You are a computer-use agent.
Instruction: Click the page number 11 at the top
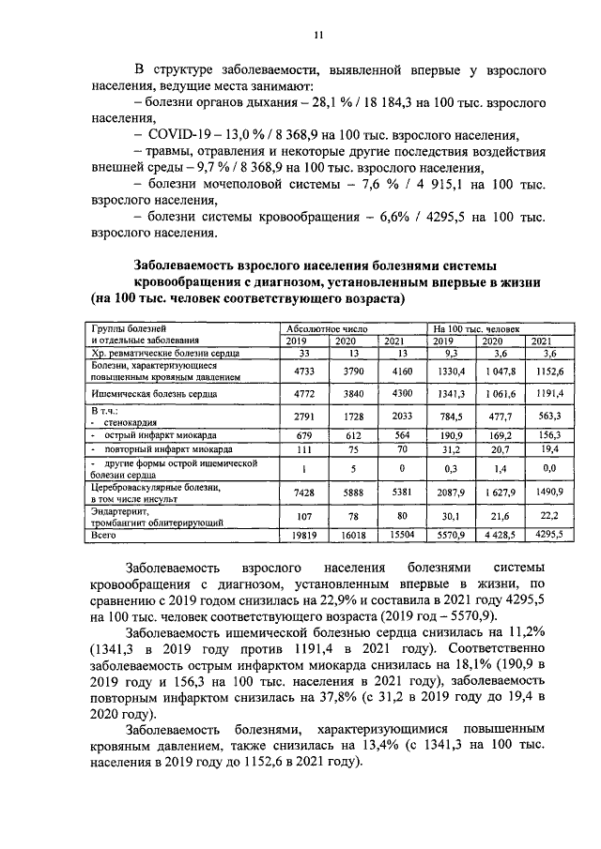(x=317, y=35)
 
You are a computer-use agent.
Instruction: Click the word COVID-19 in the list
(x=177, y=135)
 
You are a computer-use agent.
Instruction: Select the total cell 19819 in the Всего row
(x=303, y=534)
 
